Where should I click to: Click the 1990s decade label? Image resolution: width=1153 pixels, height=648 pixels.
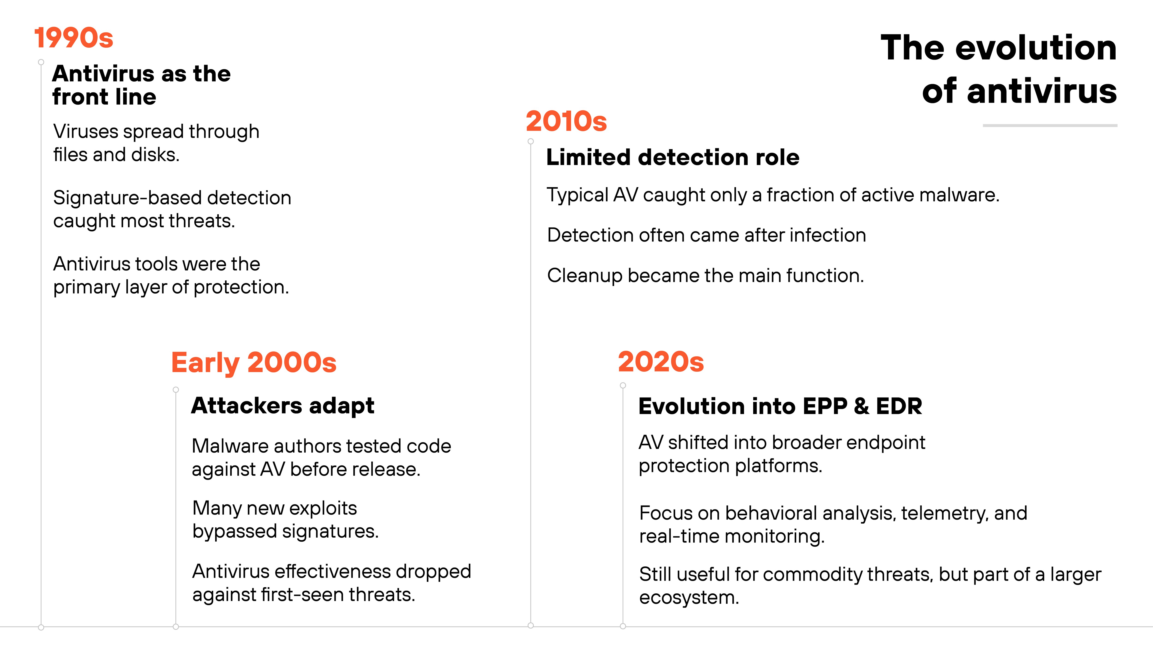tap(74, 38)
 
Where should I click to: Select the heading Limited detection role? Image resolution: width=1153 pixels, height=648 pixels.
tap(672, 157)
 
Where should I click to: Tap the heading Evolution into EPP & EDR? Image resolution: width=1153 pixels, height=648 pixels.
tap(780, 406)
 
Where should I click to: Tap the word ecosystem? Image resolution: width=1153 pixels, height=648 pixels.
tap(688, 598)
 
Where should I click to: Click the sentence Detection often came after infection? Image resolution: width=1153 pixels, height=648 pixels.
tap(706, 235)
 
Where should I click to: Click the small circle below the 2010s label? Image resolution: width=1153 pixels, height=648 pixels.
tap(531, 141)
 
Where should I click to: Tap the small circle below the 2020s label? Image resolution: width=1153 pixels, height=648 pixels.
tap(623, 386)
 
